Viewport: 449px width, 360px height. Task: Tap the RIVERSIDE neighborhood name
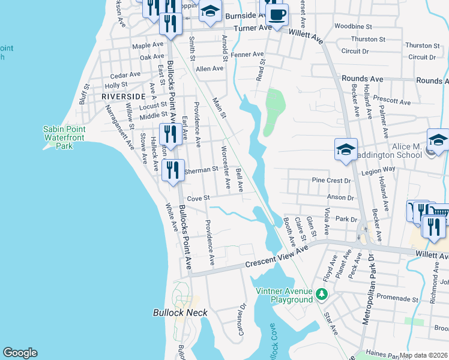click(123, 96)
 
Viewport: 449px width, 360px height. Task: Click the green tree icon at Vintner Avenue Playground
click(322, 294)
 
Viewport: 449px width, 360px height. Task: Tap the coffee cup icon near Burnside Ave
click(277, 14)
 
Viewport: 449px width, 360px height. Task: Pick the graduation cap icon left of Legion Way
click(346, 150)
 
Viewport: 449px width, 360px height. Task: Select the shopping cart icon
click(440, 214)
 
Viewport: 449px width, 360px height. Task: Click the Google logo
click(20, 353)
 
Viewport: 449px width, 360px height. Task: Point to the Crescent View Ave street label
click(276, 257)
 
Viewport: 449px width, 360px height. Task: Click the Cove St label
click(197, 198)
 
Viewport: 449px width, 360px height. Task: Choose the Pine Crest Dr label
click(331, 180)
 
